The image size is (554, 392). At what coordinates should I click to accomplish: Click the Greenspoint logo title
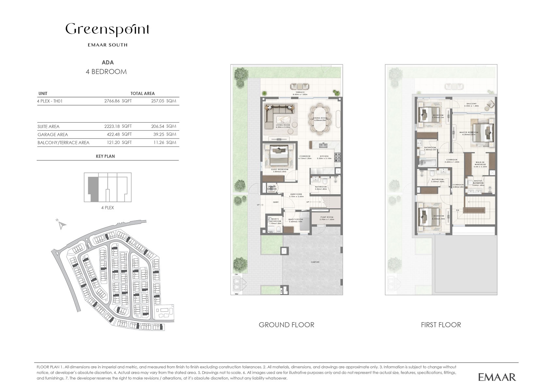tap(107, 30)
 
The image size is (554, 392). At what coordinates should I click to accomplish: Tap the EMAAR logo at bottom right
tap(497, 377)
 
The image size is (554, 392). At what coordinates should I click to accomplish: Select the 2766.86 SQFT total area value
tap(118, 101)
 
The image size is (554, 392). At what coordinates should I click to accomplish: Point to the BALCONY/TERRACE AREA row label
tap(63, 143)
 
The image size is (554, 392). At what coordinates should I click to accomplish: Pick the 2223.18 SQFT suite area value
tap(118, 126)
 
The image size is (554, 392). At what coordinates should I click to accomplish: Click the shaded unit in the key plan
tap(93, 189)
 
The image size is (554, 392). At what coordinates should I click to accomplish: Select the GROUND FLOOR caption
tap(286, 325)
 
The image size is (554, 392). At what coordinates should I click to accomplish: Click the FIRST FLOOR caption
tap(441, 325)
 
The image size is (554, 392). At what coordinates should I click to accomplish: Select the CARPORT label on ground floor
tap(315, 262)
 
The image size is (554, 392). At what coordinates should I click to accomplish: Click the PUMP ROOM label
tap(326, 218)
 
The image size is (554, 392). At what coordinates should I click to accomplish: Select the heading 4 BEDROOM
tap(106, 72)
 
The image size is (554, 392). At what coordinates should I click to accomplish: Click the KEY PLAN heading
tap(105, 156)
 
